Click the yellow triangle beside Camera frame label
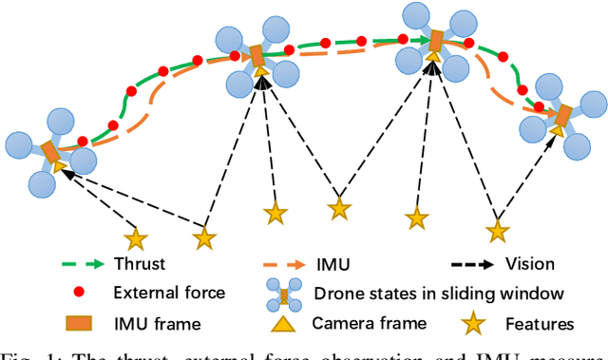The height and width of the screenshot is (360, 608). pyautogui.click(x=281, y=324)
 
